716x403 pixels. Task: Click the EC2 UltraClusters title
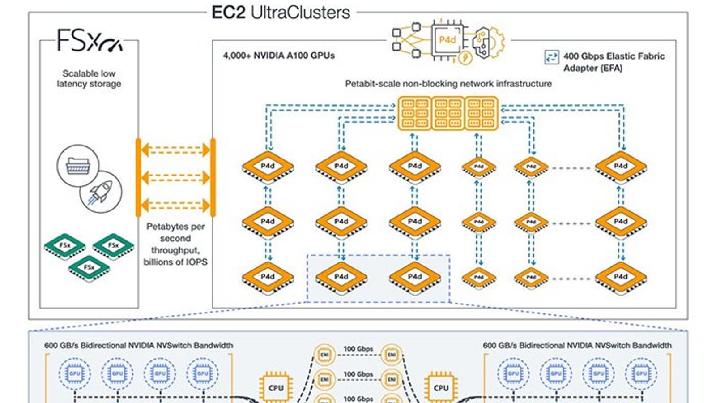click(x=281, y=13)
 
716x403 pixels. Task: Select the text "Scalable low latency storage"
click(x=89, y=78)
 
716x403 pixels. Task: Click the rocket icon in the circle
click(x=101, y=192)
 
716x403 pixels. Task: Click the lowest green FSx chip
click(x=89, y=267)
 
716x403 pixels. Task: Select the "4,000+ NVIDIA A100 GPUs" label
click(x=279, y=56)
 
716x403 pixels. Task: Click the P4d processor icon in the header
click(x=447, y=40)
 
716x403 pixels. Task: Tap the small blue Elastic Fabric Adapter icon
click(x=551, y=57)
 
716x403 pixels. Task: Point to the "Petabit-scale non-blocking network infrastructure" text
click(x=448, y=84)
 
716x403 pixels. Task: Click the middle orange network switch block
click(x=448, y=113)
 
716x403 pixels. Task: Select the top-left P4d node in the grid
click(x=268, y=167)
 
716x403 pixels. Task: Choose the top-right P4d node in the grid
click(x=620, y=167)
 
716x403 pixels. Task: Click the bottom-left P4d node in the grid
click(x=268, y=278)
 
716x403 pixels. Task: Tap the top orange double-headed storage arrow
click(x=175, y=150)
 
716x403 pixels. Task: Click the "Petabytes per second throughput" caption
click(x=175, y=244)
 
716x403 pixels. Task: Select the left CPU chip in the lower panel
click(x=276, y=387)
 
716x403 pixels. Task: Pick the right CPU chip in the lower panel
click(x=441, y=387)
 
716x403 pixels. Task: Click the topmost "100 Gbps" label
click(x=358, y=349)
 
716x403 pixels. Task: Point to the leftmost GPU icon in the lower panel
click(x=75, y=373)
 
